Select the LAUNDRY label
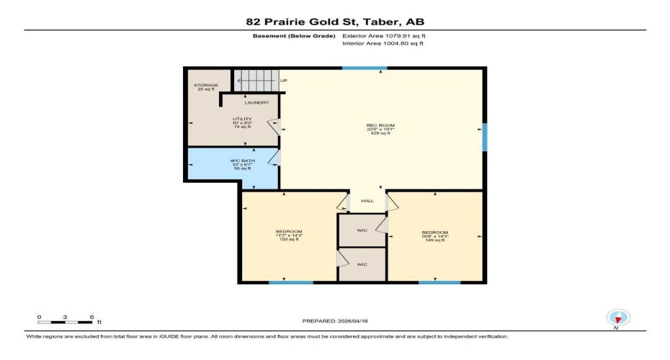256,103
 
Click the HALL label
367,201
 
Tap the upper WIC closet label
362,230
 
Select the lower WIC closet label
362,264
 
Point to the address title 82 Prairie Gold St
335,22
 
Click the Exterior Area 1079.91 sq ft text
389,35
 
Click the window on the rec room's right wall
484,137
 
